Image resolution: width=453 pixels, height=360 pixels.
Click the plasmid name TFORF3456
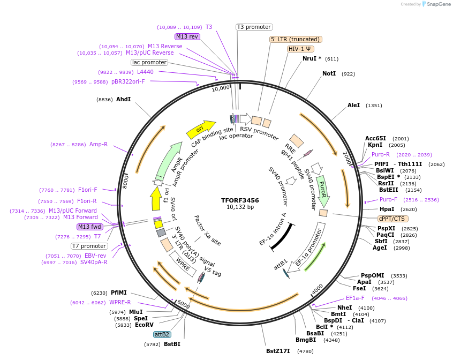(x=240, y=200)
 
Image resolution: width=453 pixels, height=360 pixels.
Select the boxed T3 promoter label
(x=254, y=27)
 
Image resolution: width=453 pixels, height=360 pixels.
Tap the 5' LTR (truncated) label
(x=295, y=39)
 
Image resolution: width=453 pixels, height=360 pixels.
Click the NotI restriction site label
(x=329, y=73)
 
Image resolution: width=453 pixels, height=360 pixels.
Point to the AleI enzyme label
(x=354, y=106)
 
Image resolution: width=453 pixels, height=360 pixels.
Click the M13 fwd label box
(x=90, y=227)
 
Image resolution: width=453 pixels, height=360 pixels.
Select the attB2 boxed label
(x=162, y=334)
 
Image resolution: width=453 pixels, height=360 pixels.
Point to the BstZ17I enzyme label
(x=277, y=351)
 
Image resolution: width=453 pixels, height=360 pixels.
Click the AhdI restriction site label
(x=123, y=99)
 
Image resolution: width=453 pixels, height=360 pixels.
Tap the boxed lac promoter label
(x=149, y=62)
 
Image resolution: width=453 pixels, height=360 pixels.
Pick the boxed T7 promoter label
(x=89, y=246)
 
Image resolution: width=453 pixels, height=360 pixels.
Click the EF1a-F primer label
(x=355, y=298)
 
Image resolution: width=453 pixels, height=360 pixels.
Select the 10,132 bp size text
(x=240, y=207)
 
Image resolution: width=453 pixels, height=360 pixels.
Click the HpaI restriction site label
(x=387, y=209)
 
